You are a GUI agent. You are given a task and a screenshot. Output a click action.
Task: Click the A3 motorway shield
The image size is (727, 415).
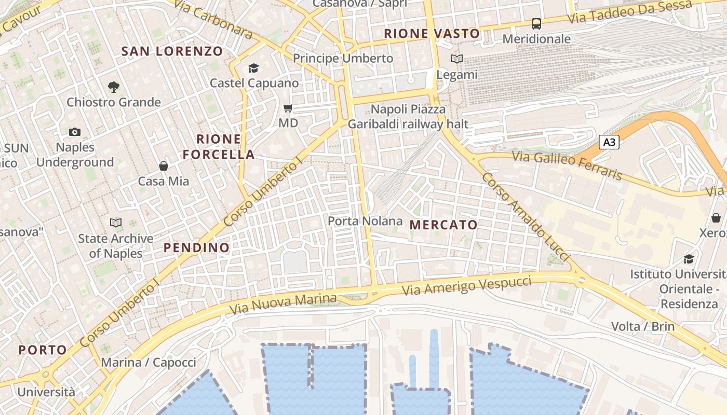[x=609, y=142]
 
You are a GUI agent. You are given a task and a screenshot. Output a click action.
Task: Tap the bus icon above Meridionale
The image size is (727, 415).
[x=536, y=24]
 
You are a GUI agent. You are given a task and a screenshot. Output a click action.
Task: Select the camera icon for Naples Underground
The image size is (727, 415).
[x=75, y=132]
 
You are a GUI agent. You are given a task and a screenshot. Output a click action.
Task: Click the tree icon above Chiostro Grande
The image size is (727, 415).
[x=113, y=87]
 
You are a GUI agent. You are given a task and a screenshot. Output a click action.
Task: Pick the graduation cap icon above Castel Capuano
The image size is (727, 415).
[x=253, y=68]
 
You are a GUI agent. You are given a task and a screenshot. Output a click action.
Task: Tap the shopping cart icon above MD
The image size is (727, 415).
[x=288, y=108]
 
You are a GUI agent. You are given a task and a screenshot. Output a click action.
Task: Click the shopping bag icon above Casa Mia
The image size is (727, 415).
[x=164, y=166]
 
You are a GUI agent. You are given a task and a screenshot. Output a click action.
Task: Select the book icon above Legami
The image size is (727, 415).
[x=456, y=59]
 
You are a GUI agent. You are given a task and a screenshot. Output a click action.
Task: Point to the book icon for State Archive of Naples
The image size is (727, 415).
[x=115, y=223]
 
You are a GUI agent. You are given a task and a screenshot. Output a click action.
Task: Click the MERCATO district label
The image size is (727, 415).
[x=443, y=225]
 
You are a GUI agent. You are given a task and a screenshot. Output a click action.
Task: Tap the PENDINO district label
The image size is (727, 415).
[x=197, y=247]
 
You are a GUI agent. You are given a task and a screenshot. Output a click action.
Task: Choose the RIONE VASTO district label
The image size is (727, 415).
[x=432, y=34]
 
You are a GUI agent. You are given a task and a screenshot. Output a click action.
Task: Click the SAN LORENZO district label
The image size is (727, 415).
[x=172, y=51]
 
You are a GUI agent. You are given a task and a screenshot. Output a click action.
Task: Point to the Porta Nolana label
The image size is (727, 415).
[x=365, y=221]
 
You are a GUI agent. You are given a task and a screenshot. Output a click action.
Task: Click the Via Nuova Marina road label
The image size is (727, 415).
[x=283, y=304]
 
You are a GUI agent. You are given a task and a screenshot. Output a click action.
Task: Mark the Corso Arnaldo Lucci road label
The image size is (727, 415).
[x=526, y=217]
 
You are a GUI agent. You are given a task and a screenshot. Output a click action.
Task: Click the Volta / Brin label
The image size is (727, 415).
[x=643, y=326]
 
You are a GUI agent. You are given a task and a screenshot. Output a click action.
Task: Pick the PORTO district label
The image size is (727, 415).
[x=43, y=350]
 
